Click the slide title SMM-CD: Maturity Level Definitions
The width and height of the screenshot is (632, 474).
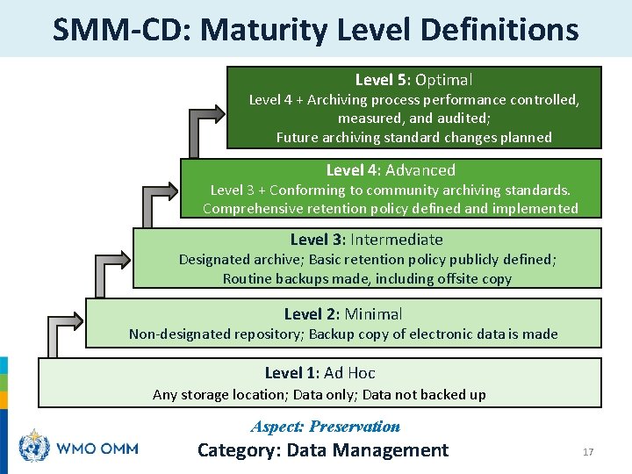316,29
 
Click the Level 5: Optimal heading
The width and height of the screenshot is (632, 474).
413,80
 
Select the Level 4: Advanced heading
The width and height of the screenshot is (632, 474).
391,170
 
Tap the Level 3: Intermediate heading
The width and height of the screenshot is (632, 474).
367,240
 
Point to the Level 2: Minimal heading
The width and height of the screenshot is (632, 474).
343,314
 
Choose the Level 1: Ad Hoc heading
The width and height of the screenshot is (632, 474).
320,373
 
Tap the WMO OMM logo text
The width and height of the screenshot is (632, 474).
97,448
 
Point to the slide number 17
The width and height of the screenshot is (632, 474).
588,452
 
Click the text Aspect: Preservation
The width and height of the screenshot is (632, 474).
326,427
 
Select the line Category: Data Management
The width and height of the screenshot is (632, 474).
323,450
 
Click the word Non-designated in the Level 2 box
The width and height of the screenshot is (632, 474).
180,334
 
